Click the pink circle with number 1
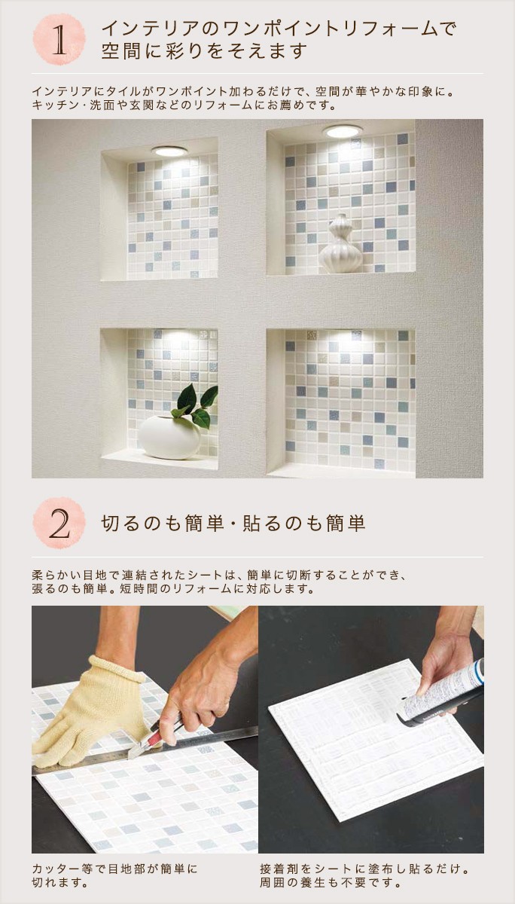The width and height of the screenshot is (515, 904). [59, 39]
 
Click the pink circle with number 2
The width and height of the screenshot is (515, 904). [59, 523]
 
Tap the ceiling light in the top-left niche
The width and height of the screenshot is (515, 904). [170, 151]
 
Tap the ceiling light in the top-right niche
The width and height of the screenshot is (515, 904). [343, 130]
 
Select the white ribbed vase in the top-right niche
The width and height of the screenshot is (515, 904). [341, 244]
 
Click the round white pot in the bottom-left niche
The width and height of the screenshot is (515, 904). [169, 437]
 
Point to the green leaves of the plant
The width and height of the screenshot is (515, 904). [196, 405]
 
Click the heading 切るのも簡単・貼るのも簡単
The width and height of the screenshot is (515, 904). [233, 524]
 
